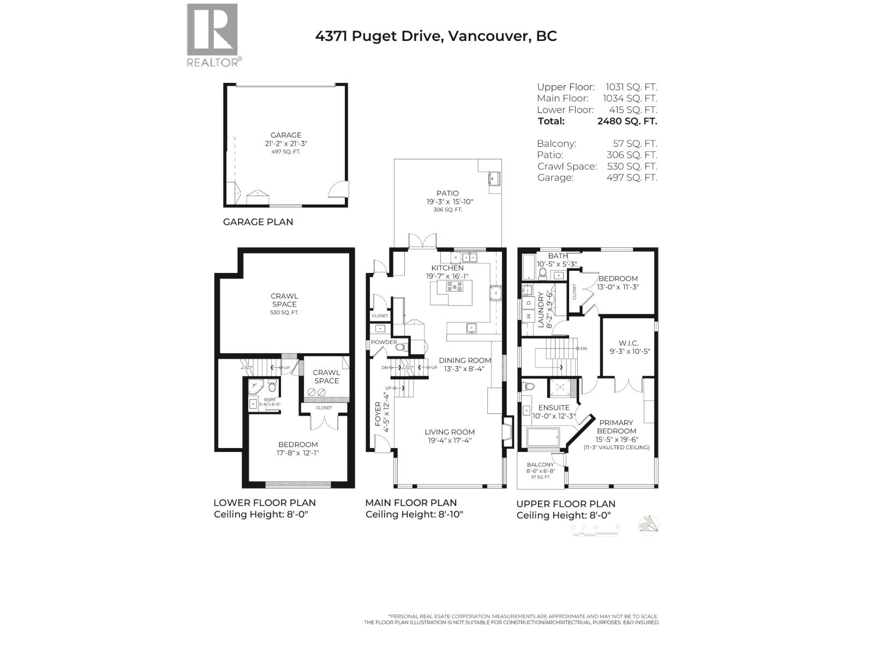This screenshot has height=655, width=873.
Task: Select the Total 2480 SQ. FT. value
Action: click(627, 121)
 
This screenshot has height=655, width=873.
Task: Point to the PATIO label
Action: click(447, 193)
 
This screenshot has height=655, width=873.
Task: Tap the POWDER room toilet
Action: click(400, 347)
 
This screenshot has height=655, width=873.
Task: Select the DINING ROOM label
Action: click(465, 360)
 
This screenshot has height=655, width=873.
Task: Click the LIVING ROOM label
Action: click(450, 432)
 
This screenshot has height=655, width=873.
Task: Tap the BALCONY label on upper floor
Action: click(540, 465)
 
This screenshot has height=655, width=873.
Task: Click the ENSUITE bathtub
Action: click(542, 437)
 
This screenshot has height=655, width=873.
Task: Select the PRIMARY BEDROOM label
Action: click(616, 427)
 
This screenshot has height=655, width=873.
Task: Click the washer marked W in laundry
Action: click(528, 316)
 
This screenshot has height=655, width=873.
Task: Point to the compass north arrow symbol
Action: click(649, 525)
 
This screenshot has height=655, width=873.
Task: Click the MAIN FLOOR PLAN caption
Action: click(411, 503)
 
